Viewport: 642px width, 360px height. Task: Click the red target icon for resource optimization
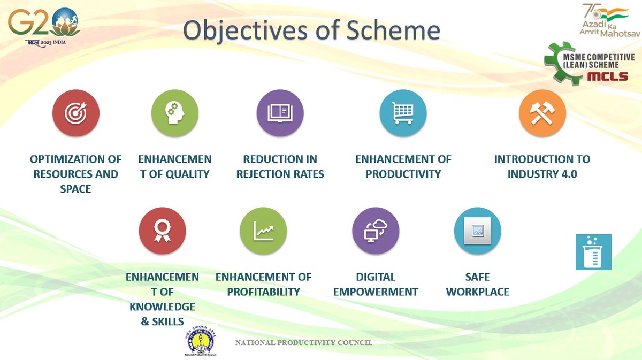(x=75, y=113)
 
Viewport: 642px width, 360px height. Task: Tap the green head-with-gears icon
(x=174, y=113)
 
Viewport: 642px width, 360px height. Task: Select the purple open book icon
(x=280, y=113)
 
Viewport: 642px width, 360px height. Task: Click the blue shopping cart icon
(x=403, y=113)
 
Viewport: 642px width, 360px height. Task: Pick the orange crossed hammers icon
(x=542, y=113)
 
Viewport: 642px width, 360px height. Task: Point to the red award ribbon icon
(x=162, y=231)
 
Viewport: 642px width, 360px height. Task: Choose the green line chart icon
(x=263, y=231)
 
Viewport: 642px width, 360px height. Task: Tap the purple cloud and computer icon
(x=376, y=231)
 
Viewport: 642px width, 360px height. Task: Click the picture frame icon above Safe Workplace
(x=477, y=231)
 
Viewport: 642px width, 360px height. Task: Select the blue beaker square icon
(x=593, y=252)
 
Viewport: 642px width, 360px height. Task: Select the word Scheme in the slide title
(x=390, y=31)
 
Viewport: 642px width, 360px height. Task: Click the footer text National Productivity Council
(x=304, y=342)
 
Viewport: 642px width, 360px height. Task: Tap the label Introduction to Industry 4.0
(x=542, y=166)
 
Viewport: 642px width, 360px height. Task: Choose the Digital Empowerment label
(x=376, y=284)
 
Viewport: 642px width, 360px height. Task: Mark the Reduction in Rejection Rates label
(x=280, y=166)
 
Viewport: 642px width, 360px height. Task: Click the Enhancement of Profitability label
(x=263, y=284)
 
